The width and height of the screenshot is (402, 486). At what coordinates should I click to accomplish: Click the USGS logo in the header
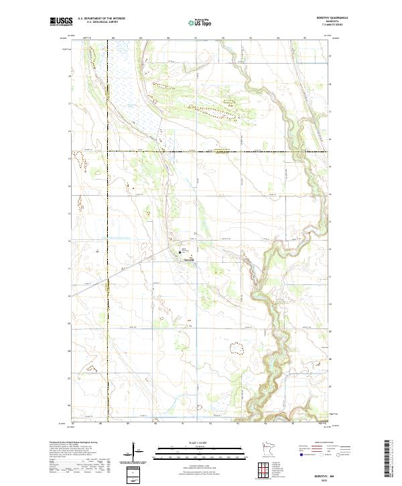pos(62,21)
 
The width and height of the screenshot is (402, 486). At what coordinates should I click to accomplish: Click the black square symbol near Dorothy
pos(184,251)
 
